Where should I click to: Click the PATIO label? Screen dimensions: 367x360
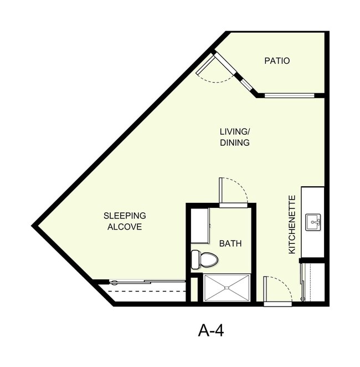click(x=277, y=61)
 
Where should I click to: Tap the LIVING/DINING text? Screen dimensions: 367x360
click(x=235, y=137)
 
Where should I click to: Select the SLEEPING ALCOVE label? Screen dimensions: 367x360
click(x=125, y=221)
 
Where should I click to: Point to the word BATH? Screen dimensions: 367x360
click(x=230, y=243)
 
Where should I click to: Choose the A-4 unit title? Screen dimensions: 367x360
click(x=210, y=330)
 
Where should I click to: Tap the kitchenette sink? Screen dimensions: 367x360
click(x=314, y=222)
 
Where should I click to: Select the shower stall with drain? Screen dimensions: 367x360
click(x=227, y=288)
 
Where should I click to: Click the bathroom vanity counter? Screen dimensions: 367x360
click(x=200, y=226)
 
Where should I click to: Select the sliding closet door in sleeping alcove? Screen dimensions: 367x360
click(x=147, y=282)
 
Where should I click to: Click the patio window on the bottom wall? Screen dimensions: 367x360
click(x=289, y=95)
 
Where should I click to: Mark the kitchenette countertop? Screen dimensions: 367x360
click(x=312, y=222)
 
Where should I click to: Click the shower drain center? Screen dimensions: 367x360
click(x=227, y=288)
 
